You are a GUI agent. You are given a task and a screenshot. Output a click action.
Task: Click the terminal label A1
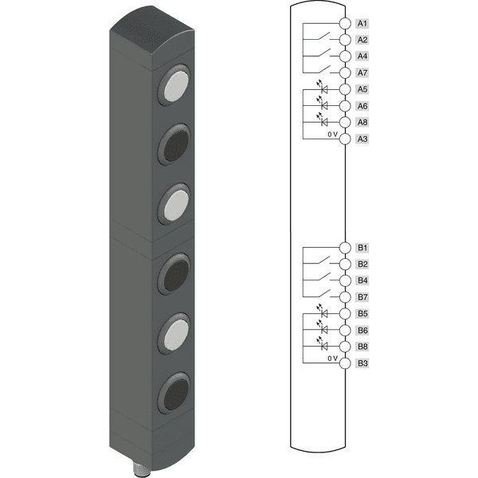[362, 23]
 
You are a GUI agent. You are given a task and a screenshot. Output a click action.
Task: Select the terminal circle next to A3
[345, 139]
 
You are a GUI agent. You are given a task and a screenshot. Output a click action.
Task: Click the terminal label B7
[362, 297]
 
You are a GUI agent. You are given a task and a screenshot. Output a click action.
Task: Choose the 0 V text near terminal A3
[333, 134]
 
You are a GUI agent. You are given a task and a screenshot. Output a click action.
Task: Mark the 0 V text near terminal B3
[333, 358]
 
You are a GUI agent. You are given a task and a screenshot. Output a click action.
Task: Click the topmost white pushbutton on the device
[174, 85]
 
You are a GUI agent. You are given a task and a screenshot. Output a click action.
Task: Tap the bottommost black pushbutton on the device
[174, 394]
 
